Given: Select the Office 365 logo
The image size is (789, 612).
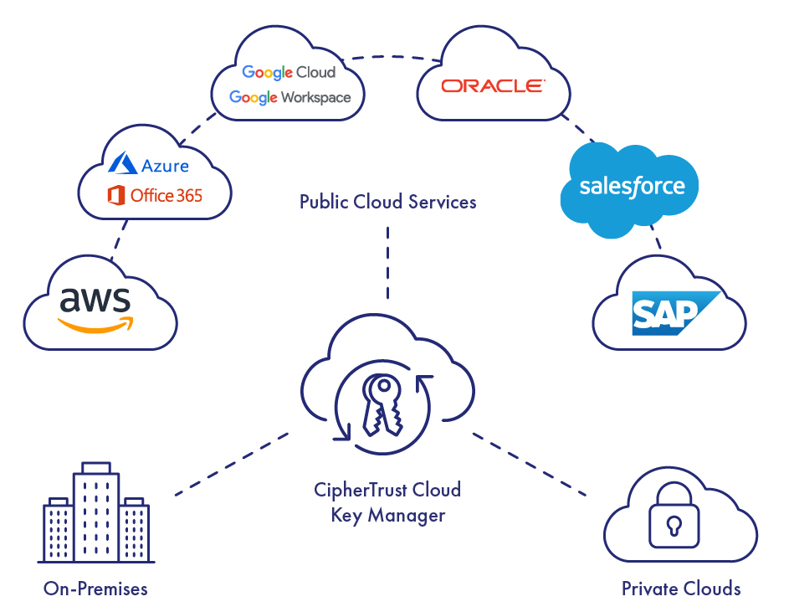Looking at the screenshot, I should pos(156,196).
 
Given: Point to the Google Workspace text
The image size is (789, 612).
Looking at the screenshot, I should pos(290,98).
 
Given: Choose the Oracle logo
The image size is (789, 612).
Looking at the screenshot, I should pos(493,85).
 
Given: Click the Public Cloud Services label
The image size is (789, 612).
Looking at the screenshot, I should pos(387,202).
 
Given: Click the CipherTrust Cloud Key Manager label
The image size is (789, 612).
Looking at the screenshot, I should pos(387,501).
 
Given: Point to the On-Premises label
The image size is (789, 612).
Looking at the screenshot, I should pos(95,589).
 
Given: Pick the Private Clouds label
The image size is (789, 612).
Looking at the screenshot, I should pos(680,589).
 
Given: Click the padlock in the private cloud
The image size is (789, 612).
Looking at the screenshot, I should pos(674,521).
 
